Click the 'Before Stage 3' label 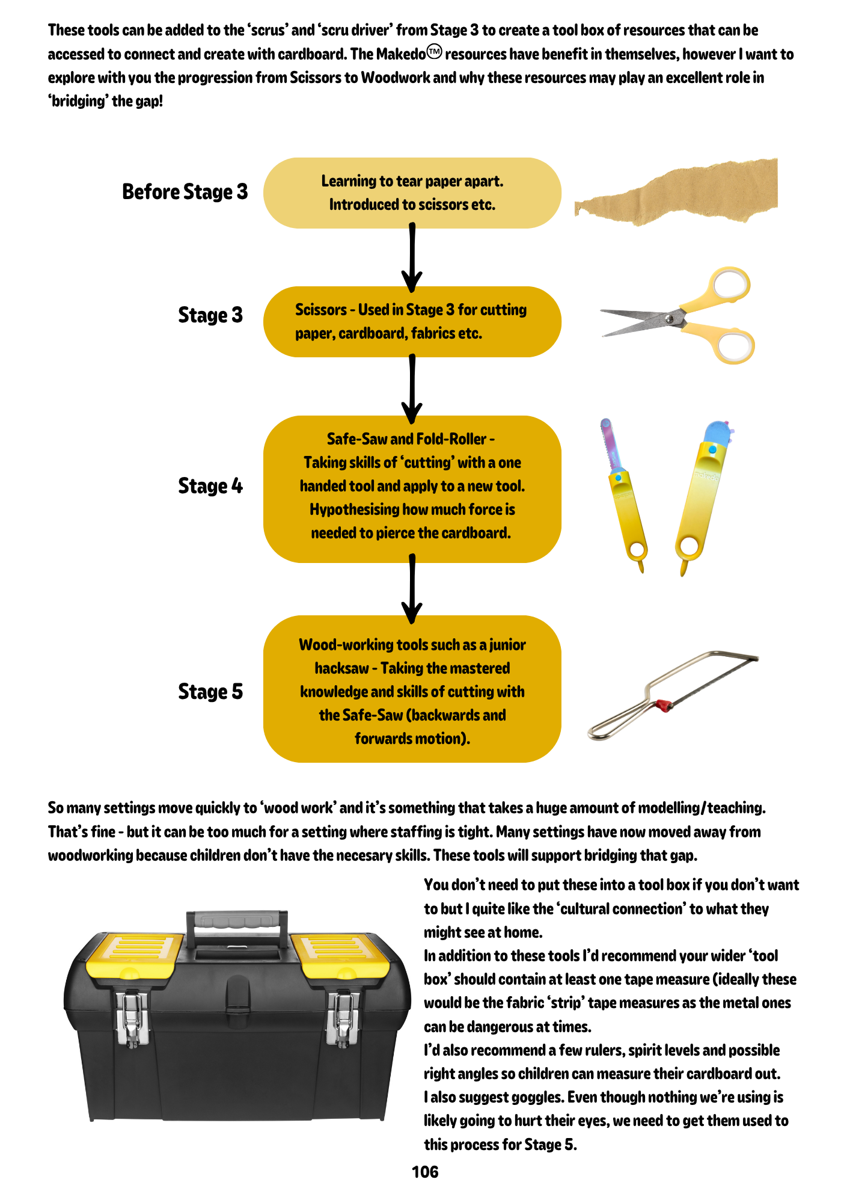point(185,192)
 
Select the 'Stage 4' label point(210,486)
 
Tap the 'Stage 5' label point(210,692)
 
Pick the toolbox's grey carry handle point(237,920)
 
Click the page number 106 point(425,1172)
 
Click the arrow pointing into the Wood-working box point(412,588)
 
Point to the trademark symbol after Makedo point(434,52)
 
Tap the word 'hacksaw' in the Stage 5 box point(341,668)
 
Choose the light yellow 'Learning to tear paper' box point(412,193)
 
